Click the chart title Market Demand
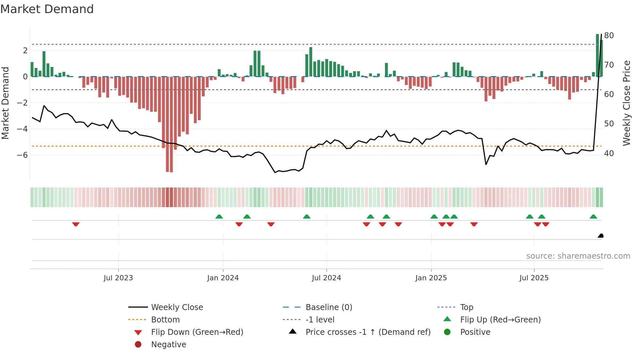tap(47, 9)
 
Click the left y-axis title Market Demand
tap(6, 103)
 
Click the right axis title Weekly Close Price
tap(626, 103)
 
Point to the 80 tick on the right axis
tap(609, 36)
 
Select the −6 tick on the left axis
tap(22, 155)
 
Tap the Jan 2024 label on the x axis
tap(223, 278)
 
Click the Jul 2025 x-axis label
tap(534, 278)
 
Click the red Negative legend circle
tap(138, 345)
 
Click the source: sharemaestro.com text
tap(578, 256)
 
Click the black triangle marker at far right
tap(600, 236)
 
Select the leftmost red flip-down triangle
tap(76, 224)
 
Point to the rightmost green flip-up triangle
tap(593, 217)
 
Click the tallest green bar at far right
tap(597, 56)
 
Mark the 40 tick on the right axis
tap(609, 154)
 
